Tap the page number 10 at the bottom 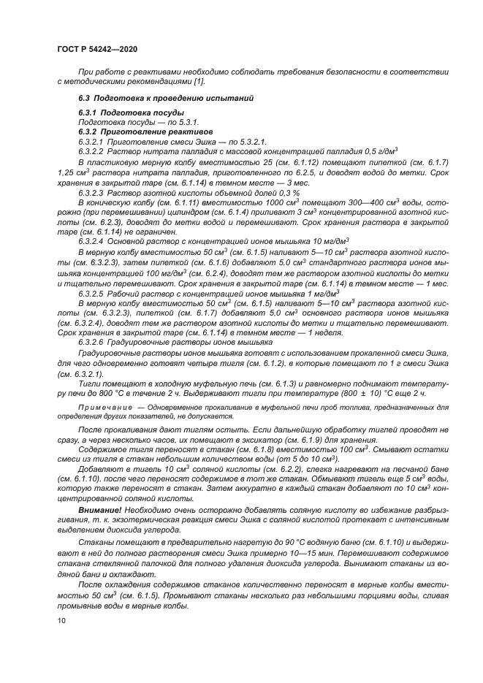pos(62,621)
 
